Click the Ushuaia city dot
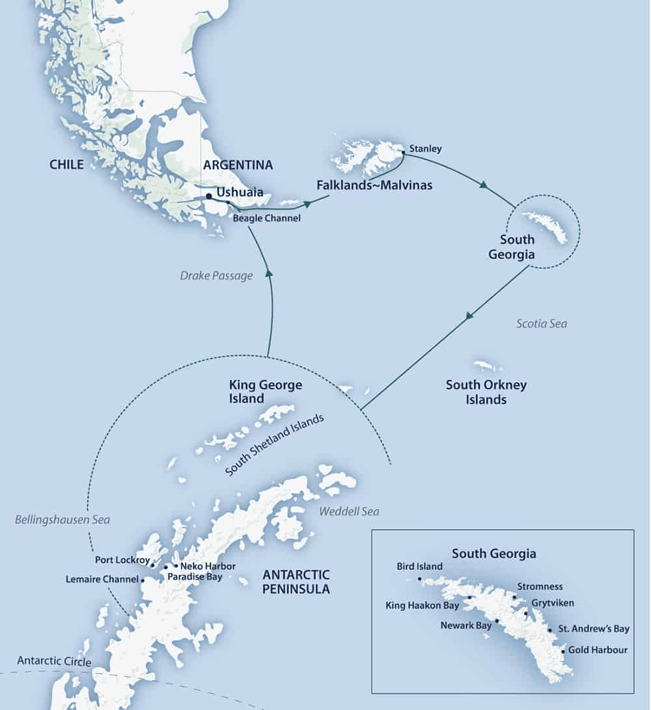[208, 196]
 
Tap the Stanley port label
[426, 149]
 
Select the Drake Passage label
[216, 276]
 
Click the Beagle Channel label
[267, 219]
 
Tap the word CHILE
[66, 165]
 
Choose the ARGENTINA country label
[238, 165]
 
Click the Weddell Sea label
[349, 512]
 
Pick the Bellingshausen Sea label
[62, 519]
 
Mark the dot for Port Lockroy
[152, 565]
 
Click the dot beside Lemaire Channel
[143, 579]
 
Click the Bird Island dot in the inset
[420, 579]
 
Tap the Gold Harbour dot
[563, 650]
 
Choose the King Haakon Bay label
[422, 606]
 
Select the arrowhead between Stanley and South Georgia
[483, 185]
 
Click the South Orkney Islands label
[486, 392]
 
